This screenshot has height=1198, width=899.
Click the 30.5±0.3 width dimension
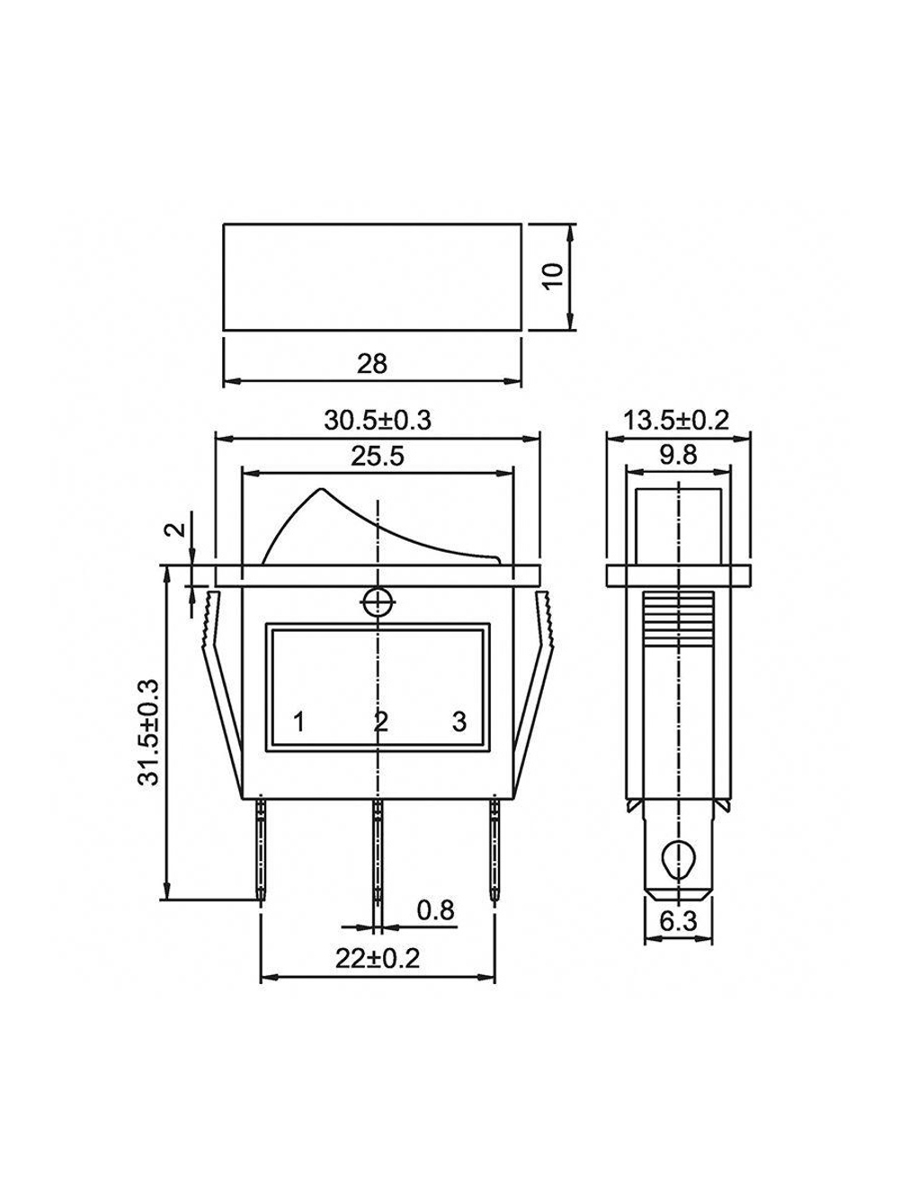pos(378,421)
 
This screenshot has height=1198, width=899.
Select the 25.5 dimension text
pos(378,457)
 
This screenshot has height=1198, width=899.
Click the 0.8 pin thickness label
pos(436,910)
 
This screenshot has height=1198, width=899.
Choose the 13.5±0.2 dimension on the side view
pos(676,421)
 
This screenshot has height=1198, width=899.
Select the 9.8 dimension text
pos(679,454)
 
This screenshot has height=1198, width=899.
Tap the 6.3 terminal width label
pos(679,921)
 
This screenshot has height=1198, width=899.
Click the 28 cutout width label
pos(371,363)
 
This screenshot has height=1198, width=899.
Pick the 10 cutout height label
pos(553,277)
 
